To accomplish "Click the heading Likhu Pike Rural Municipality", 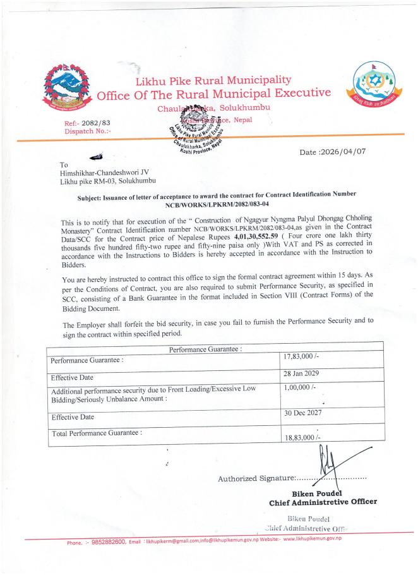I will tap(213, 80).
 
